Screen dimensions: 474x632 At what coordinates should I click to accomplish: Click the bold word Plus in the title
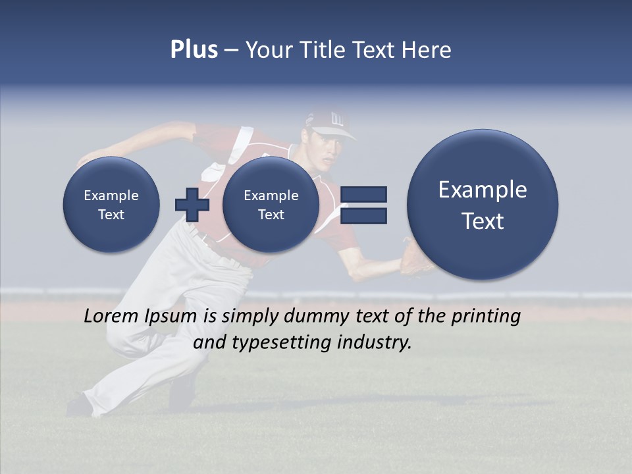pyautogui.click(x=194, y=50)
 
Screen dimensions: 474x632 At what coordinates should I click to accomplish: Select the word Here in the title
pyautogui.click(x=427, y=50)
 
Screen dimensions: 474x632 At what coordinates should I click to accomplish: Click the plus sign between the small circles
pyautogui.click(x=192, y=204)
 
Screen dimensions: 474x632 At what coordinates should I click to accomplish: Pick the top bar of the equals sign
pyautogui.click(x=363, y=194)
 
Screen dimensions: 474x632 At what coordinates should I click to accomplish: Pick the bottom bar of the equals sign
pyautogui.click(x=363, y=215)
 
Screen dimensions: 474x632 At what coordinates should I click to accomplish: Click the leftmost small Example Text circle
pyautogui.click(x=111, y=205)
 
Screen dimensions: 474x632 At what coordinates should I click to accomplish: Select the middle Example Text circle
pyautogui.click(x=271, y=205)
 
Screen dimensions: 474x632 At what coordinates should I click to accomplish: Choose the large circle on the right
pyautogui.click(x=483, y=205)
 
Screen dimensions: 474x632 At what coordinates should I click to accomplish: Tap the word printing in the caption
pyautogui.click(x=486, y=317)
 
